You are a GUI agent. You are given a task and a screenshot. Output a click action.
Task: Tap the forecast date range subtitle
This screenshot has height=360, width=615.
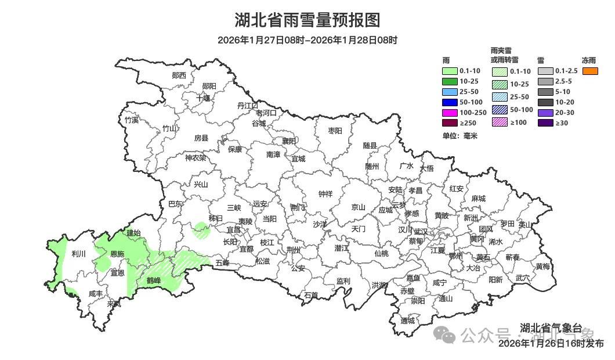pos(307,40)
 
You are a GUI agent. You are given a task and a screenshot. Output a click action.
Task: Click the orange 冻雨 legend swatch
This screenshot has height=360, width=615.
pos(590,71)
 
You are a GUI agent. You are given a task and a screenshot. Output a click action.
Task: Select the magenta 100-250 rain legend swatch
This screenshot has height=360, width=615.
pos(450,112)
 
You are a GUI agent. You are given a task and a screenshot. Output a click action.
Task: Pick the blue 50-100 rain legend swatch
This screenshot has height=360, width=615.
pos(450,102)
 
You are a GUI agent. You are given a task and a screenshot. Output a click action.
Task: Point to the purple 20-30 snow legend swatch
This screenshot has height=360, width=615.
pos(545,113)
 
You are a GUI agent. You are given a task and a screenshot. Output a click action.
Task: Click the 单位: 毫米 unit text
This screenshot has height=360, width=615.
pos(460,135)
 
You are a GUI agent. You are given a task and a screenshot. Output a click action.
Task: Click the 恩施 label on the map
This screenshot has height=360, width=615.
pos(117,254)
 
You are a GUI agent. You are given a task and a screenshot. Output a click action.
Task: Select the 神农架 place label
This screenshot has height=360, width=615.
pos(196,157)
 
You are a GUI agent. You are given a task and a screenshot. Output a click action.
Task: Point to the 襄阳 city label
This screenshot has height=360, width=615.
pos(288,141)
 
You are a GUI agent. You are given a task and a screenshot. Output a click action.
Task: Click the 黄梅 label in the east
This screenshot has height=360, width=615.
pos(542,267)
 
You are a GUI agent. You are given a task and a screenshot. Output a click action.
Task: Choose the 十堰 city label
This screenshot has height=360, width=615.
pos(203,98)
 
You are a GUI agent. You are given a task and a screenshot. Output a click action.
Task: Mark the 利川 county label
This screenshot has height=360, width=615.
pos(78,254)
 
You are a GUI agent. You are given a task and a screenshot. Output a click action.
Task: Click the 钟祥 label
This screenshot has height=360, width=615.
pos(325,194)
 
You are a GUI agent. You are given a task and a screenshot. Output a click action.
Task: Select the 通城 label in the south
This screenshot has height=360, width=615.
pos(408,321)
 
